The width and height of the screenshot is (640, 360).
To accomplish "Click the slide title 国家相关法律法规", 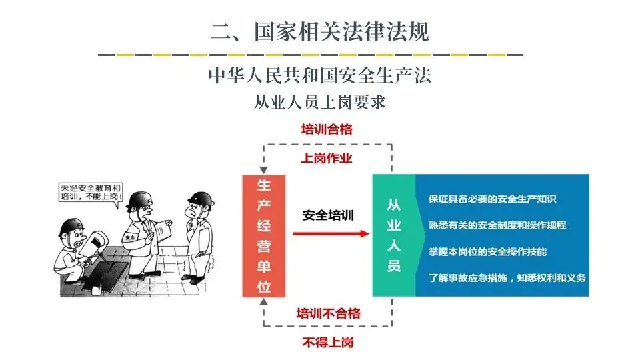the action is [x=320, y=31].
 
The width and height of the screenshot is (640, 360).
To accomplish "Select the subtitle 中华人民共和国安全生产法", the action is [x=320, y=75].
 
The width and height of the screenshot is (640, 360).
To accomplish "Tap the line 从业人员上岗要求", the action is [x=320, y=102].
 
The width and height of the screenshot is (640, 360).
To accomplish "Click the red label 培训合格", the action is [x=326, y=129].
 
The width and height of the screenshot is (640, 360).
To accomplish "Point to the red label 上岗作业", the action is [x=326, y=159].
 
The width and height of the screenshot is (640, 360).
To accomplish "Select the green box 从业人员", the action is [x=394, y=235].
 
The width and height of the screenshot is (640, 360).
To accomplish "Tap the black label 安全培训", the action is [x=327, y=215].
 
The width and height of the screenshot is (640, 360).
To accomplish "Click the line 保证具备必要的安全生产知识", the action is [x=493, y=199].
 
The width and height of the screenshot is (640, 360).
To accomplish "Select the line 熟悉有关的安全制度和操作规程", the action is [x=497, y=225].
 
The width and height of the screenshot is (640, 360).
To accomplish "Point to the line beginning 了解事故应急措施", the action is [x=507, y=277].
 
